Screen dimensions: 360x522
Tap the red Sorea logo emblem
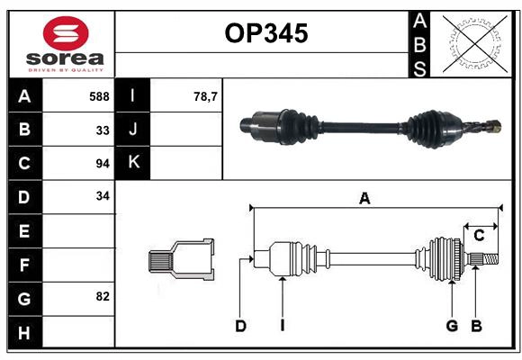[65, 35]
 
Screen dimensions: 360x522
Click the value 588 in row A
[99, 96]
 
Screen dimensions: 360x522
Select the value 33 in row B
[103, 130]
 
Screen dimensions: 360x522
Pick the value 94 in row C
[103, 164]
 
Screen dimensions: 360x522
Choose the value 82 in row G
[103, 296]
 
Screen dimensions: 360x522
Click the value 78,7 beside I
[206, 96]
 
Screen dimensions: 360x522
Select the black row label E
[23, 231]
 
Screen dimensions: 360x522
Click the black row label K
[133, 163]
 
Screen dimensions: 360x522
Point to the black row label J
[133, 130]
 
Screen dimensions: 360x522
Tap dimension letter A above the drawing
[364, 199]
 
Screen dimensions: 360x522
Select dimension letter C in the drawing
[479, 236]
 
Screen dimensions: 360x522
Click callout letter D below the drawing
[240, 326]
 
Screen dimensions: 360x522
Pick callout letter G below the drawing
[452, 326]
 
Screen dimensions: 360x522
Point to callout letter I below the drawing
[282, 326]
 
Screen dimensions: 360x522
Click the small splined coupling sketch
[181, 260]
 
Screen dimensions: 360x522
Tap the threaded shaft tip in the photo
[492, 129]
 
